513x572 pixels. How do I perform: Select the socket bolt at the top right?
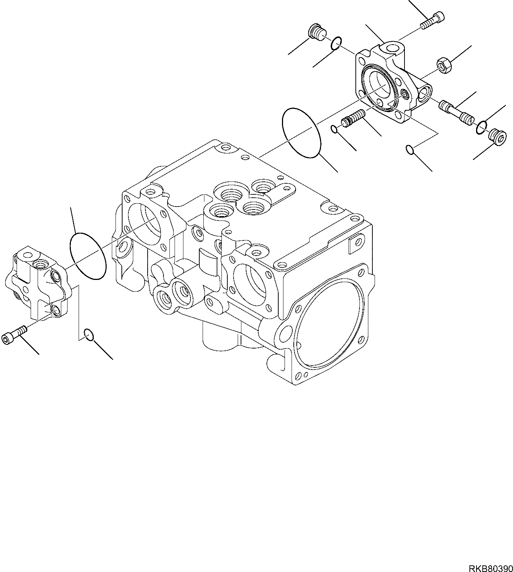coord(433,20)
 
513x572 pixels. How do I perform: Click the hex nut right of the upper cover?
coord(442,65)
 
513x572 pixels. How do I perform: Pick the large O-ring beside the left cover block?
coord(88,256)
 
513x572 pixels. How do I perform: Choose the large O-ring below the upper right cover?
coord(301,133)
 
